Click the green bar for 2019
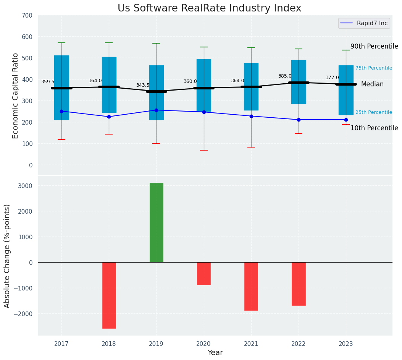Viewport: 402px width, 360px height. (x=156, y=222)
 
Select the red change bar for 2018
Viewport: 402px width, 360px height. (x=109, y=295)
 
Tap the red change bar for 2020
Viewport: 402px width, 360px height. (x=203, y=273)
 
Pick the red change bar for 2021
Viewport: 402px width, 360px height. (x=251, y=286)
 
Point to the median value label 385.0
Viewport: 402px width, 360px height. (x=285, y=76)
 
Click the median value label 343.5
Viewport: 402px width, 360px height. (x=143, y=85)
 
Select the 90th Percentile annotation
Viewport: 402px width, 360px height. (x=374, y=46)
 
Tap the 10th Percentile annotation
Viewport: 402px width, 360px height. (x=374, y=128)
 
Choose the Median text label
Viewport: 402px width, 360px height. (x=372, y=84)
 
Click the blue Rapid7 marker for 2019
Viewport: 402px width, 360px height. (x=156, y=110)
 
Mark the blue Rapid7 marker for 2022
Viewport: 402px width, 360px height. (x=299, y=120)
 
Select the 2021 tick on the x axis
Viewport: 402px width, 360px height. (x=251, y=344)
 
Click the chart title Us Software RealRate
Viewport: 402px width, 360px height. (x=209, y=8)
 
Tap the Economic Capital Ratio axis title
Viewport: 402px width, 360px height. (x=15, y=96)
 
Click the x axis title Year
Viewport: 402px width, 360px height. (x=215, y=353)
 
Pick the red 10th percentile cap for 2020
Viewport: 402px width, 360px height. (x=203, y=150)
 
